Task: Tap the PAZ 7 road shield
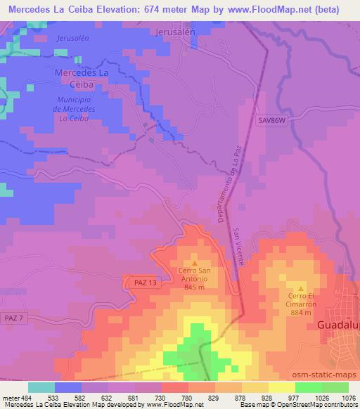(x=13, y=318)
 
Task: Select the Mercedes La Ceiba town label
(x=82, y=78)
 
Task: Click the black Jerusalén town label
(x=174, y=32)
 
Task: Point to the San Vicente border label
(x=239, y=246)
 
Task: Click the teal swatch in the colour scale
(x=41, y=387)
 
